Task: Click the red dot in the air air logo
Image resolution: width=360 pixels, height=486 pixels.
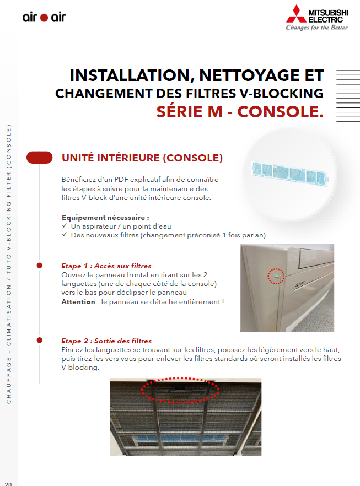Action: [44, 18]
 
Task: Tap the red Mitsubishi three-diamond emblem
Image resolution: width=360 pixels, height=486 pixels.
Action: [296, 14]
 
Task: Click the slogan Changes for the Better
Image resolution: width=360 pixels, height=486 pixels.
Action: [316, 28]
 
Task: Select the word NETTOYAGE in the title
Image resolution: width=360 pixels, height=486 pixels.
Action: [249, 75]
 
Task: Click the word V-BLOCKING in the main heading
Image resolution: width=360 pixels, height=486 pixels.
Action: [282, 94]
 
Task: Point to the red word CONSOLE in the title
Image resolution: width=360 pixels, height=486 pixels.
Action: [280, 111]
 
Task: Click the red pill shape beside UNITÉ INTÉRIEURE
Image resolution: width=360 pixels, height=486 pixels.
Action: [39, 158]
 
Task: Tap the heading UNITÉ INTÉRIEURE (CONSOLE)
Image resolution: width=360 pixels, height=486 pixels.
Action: [142, 158]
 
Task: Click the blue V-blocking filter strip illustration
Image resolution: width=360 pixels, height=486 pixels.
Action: [289, 173]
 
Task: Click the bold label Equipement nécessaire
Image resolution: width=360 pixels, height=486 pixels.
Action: [105, 217]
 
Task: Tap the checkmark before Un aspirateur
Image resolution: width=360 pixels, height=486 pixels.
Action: [65, 226]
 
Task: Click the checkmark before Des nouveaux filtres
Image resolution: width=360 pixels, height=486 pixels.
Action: [65, 234]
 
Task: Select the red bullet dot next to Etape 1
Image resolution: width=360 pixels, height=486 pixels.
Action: [39, 266]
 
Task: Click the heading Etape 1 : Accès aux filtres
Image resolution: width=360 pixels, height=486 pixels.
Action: [106, 266]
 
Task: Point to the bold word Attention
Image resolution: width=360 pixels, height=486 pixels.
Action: [78, 301]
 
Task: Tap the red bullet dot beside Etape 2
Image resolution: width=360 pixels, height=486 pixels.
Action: [39, 341]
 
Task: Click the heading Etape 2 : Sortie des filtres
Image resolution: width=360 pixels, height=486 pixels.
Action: [106, 341]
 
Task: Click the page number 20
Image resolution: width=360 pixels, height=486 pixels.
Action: [8, 484]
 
